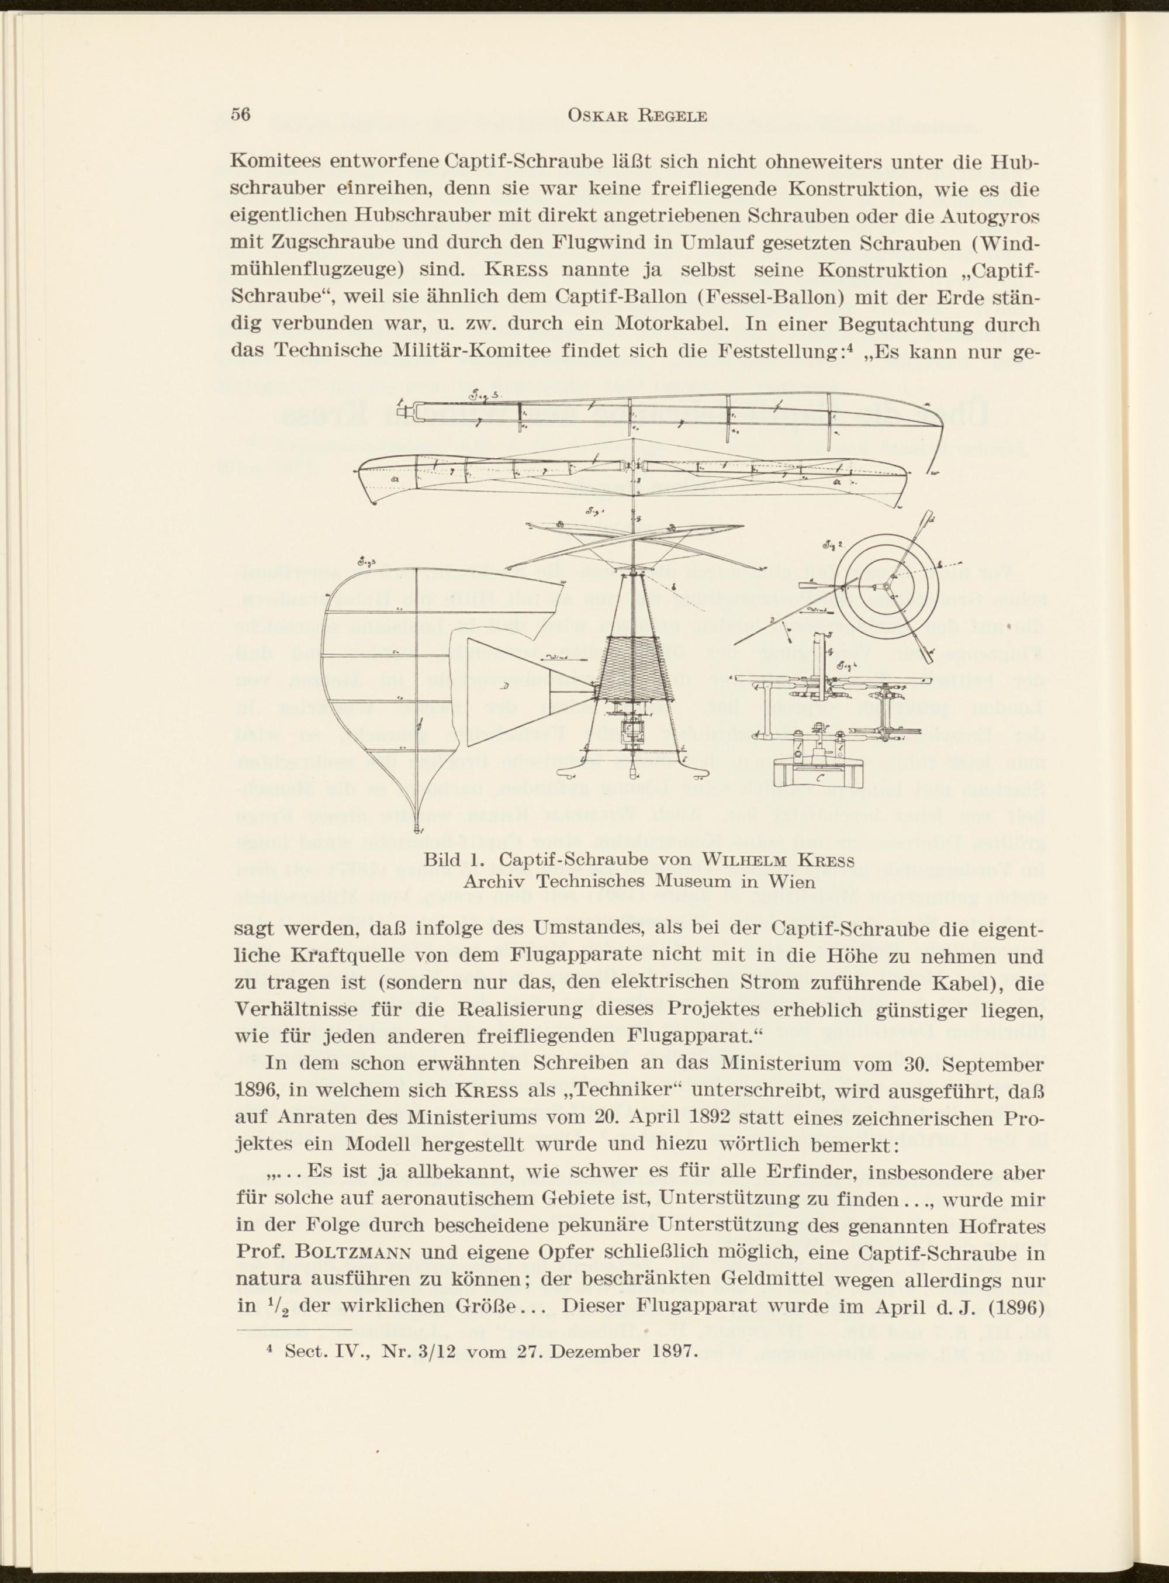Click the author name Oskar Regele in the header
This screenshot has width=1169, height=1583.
point(637,116)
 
